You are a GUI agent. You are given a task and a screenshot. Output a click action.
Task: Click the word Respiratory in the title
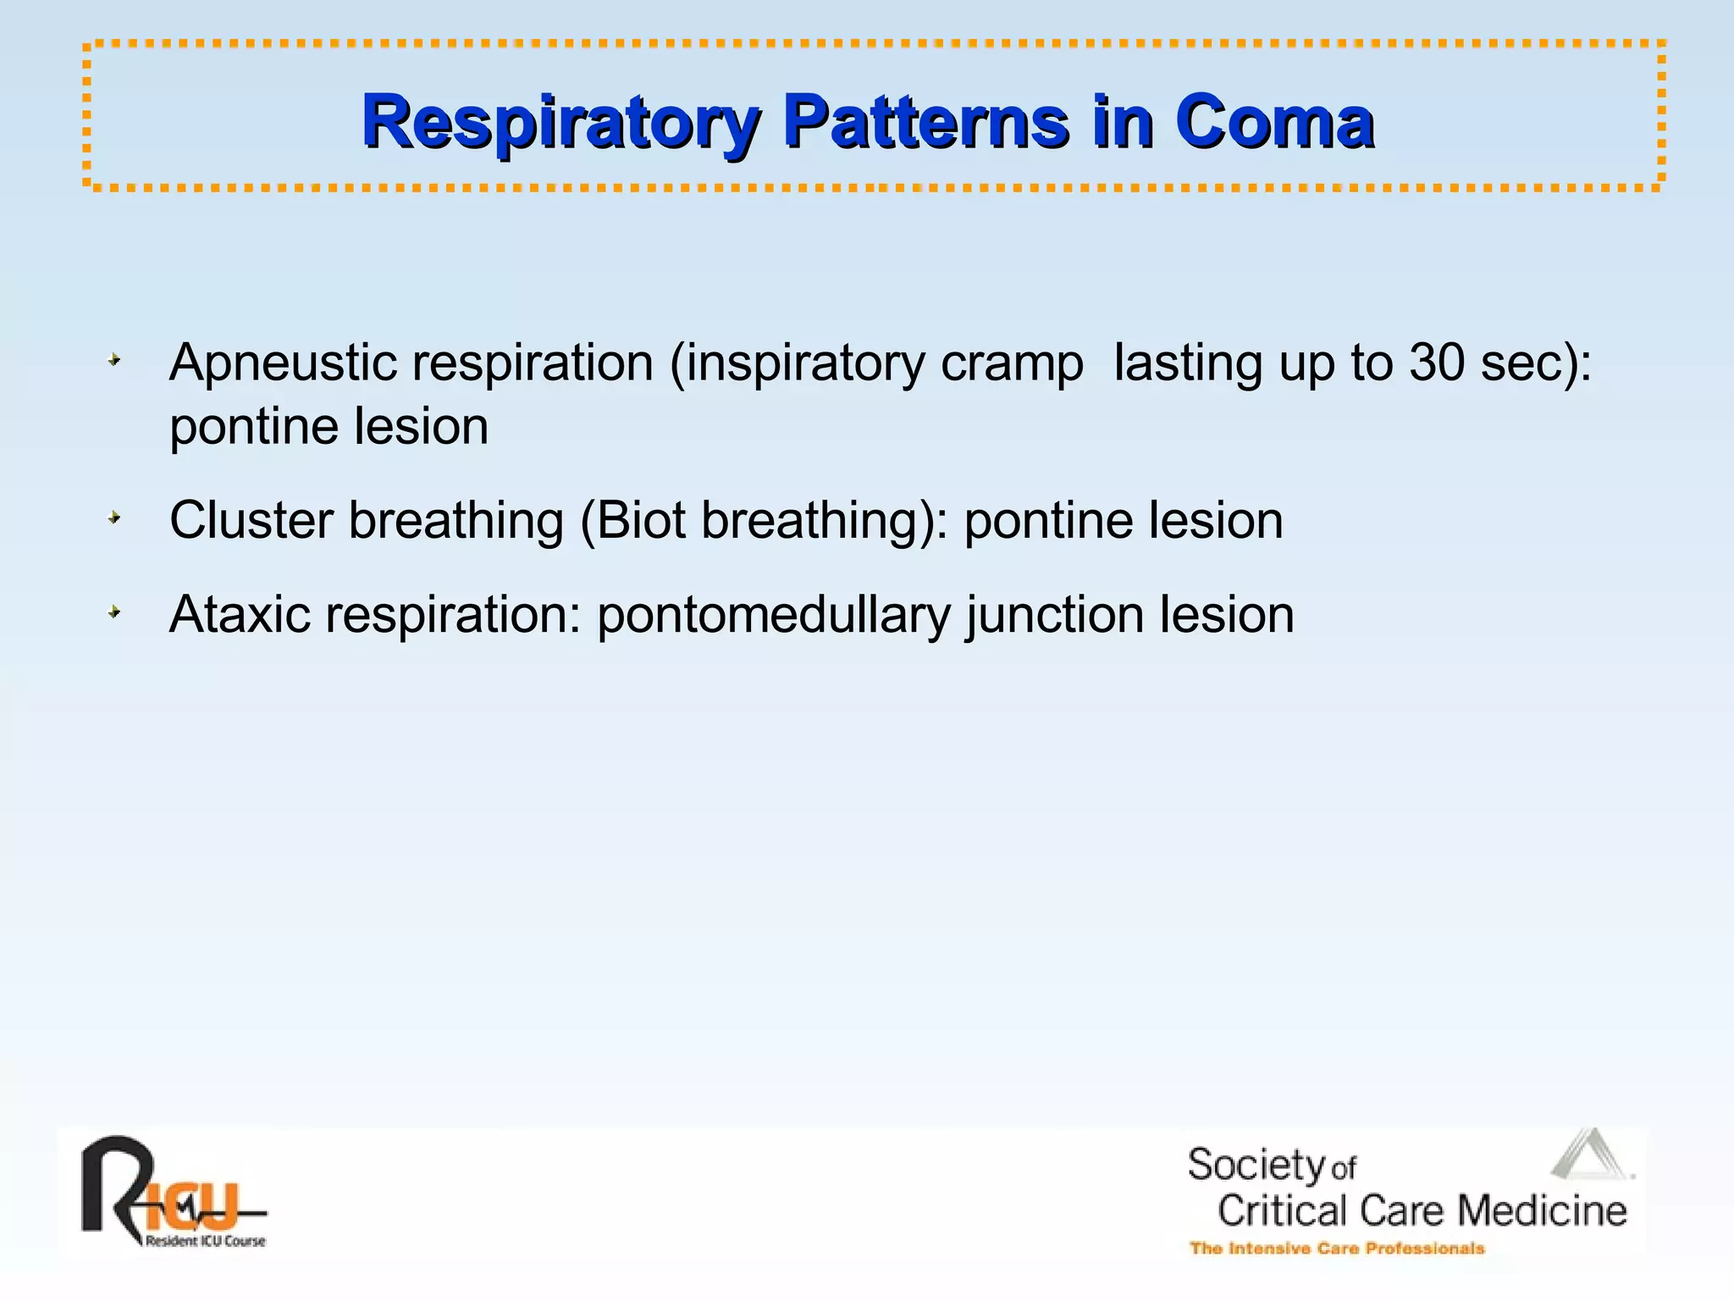[559, 123]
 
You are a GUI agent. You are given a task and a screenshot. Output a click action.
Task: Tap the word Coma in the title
[1274, 123]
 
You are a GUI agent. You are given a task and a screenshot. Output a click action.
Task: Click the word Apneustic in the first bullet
[283, 364]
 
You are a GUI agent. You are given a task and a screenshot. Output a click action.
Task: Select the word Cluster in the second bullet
[251, 520]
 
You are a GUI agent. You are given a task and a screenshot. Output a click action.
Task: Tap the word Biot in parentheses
[641, 520]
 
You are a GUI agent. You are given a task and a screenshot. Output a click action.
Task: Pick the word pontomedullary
[774, 616]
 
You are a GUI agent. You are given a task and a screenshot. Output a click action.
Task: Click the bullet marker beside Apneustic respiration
[114, 362]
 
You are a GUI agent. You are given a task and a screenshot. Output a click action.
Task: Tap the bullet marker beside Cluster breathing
[114, 518]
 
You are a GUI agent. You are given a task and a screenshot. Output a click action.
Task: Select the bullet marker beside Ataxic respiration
[114, 612]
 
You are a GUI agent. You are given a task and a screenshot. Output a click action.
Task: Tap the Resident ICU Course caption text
[205, 1242]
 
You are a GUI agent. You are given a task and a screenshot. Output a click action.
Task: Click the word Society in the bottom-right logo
[1255, 1165]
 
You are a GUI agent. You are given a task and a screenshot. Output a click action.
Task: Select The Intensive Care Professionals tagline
[1337, 1248]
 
